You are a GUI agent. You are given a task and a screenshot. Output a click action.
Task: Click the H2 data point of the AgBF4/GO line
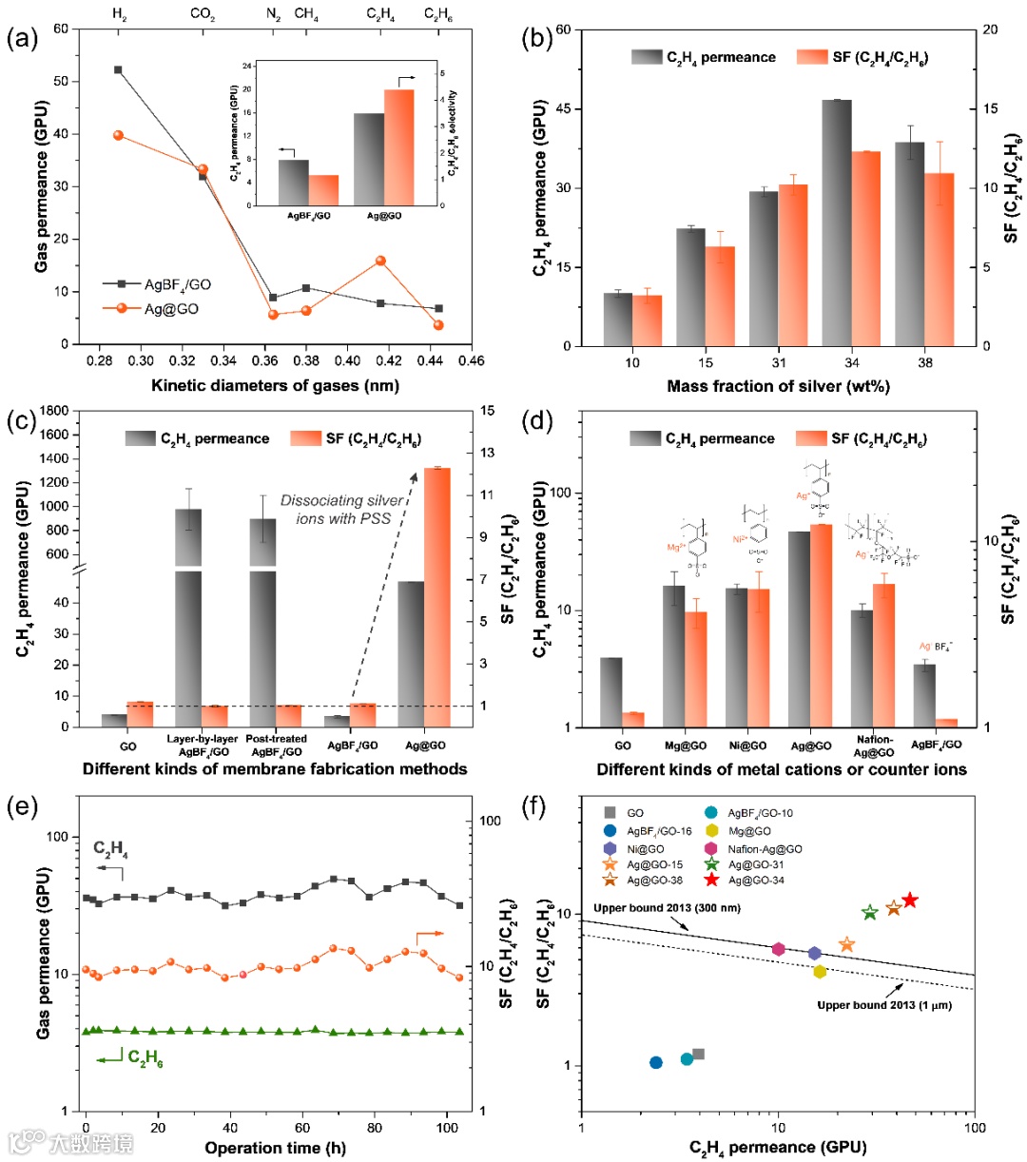[x=118, y=69]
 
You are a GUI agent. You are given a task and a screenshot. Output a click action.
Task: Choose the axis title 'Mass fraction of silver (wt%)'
[x=778, y=386]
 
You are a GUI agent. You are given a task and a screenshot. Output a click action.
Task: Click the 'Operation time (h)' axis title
[x=275, y=1148]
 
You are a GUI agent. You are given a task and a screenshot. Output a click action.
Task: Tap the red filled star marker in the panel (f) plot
[x=909, y=900]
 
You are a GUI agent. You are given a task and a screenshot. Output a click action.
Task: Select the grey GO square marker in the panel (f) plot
[x=698, y=1054]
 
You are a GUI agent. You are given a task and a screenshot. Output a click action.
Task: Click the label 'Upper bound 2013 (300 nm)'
[x=668, y=908]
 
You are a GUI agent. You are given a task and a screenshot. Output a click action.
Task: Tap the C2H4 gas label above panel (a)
[x=381, y=14]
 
